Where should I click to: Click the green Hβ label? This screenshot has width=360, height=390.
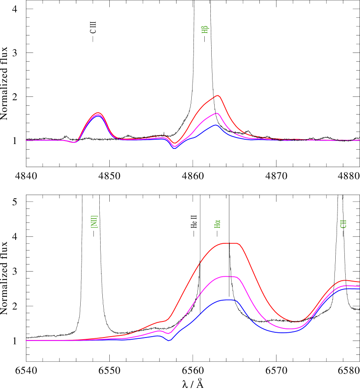205,29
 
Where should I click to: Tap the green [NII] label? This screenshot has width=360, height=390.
94,222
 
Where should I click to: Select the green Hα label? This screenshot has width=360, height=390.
218,224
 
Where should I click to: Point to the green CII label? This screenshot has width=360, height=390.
343,224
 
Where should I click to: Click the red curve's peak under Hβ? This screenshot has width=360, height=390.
218,95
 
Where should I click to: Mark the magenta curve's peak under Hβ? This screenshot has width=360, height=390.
216,113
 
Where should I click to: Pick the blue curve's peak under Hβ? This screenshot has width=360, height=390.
216,125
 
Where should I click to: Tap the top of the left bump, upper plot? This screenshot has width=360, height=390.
98,113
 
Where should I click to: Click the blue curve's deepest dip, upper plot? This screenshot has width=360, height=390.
174,148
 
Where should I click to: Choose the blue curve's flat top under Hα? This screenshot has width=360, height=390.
228,300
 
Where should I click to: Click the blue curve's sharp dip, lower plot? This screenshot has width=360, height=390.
169,341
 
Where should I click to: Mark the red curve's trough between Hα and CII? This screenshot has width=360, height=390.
297,322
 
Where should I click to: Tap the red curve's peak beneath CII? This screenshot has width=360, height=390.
344,280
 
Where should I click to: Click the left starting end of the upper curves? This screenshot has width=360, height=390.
26,140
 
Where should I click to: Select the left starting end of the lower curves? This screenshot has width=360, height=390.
26,340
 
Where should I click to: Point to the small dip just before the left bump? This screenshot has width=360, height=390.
75,142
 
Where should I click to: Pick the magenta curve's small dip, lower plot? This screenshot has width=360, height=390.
169,333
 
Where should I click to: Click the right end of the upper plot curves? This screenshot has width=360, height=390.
359,140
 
